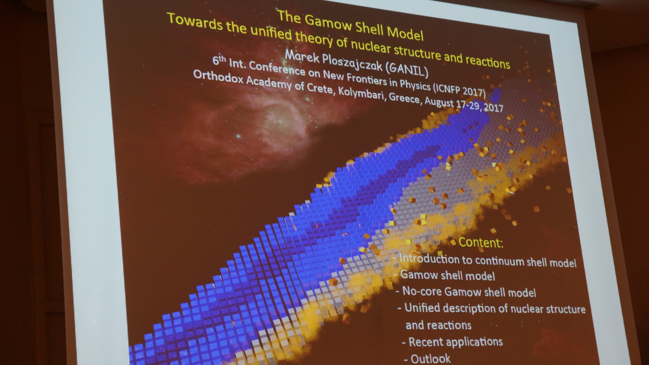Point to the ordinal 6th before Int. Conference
(219, 60)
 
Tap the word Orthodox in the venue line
(219, 77)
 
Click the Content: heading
(481, 243)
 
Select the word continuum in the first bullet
(499, 262)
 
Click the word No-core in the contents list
(422, 291)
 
